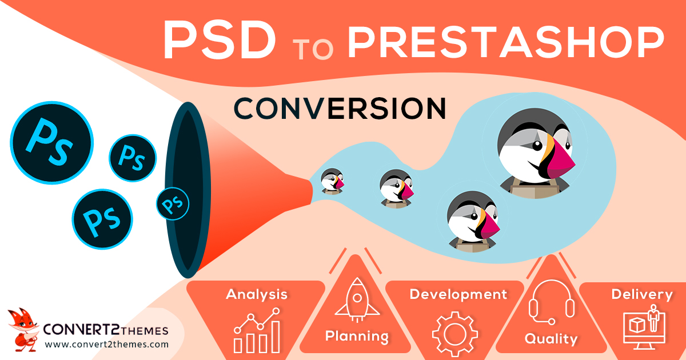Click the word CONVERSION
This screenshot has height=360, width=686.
tap(340, 108)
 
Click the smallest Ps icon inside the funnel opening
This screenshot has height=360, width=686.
tap(173, 203)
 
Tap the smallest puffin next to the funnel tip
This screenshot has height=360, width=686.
tap(332, 181)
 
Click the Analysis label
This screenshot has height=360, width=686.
tap(257, 295)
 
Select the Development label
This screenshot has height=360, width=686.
tap(458, 295)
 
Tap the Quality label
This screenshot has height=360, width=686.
tap(551, 338)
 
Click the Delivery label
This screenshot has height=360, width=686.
tap(642, 295)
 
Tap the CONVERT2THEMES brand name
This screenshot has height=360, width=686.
tap(106, 330)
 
